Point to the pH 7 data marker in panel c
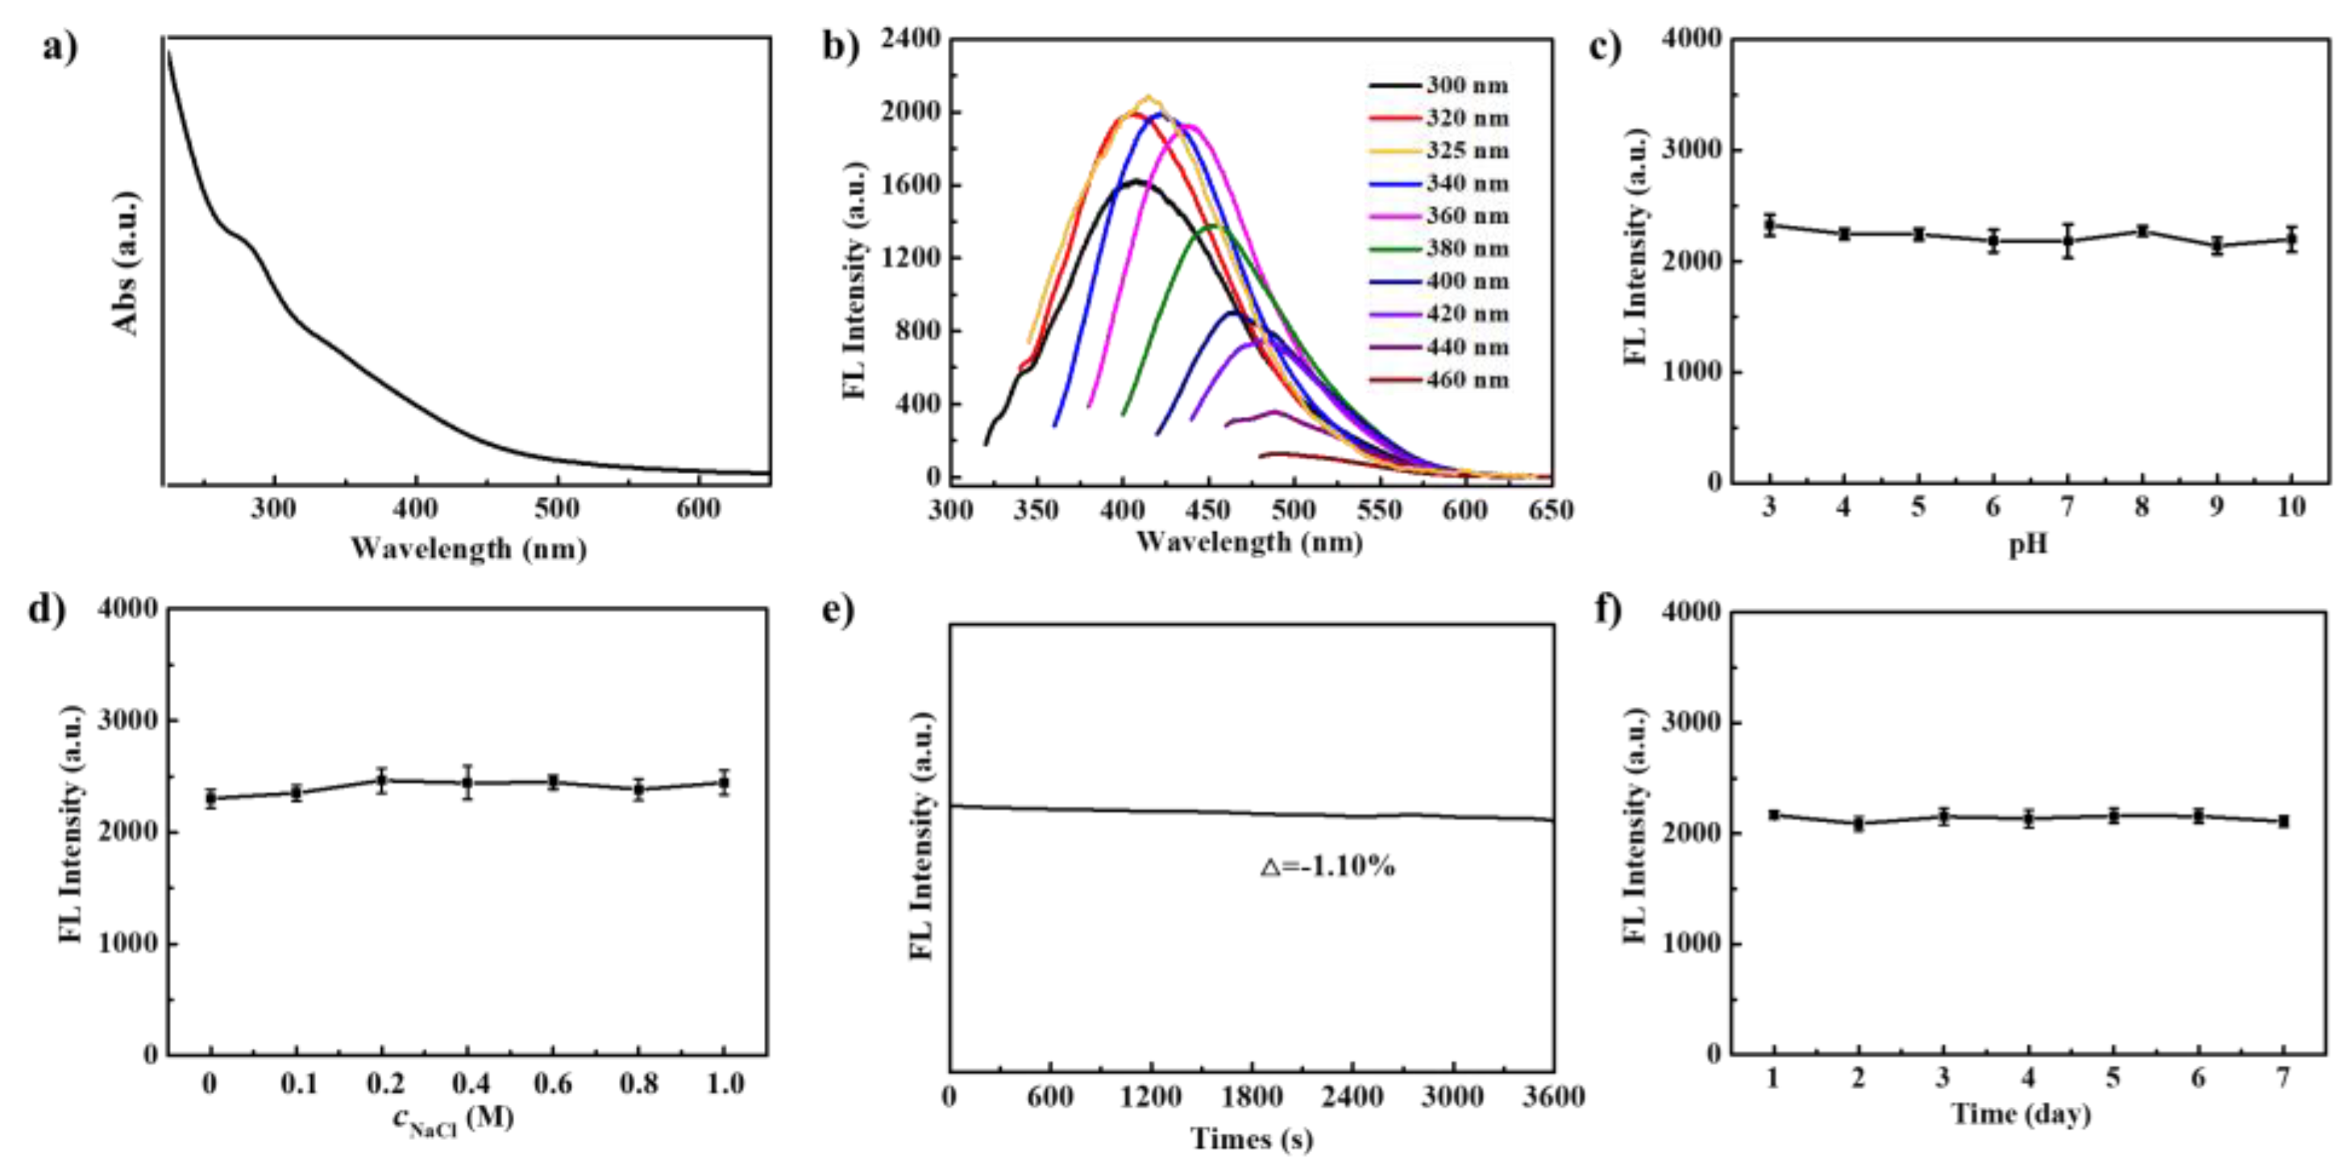tap(2068, 241)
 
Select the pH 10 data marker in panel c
tap(2291, 239)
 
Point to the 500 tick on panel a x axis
tap(557, 509)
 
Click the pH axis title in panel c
tap(2028, 545)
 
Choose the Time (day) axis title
tap(2021, 1115)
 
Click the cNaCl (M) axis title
tap(454, 1118)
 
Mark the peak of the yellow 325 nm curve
tap(1149, 97)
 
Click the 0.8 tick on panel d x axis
tap(639, 1084)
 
